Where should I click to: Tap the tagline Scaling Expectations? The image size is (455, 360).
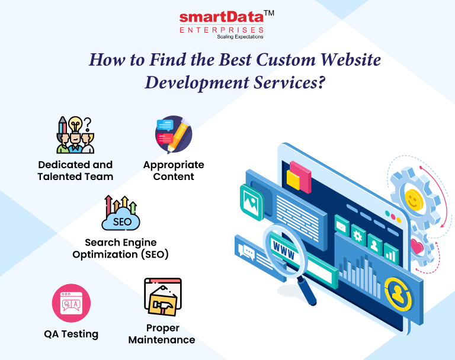(240, 37)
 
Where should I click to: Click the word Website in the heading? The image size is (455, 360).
(351, 59)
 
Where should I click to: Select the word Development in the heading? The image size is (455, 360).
(197, 83)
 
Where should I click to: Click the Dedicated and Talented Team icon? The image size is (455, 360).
(75, 135)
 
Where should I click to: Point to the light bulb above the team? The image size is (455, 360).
(75, 125)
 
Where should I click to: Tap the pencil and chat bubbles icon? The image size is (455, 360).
(174, 134)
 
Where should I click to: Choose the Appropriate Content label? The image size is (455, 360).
(174, 171)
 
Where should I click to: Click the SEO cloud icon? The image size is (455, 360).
(121, 213)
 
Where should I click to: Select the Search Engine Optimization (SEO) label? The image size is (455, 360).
(120, 248)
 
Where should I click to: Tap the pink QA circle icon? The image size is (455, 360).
(71, 303)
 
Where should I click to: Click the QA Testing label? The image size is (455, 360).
(71, 334)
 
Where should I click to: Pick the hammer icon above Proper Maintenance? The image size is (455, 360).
(163, 297)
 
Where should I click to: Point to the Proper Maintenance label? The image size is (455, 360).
(162, 334)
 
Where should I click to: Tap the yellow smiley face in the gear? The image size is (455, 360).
(414, 200)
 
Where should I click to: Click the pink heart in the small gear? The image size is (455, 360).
(416, 246)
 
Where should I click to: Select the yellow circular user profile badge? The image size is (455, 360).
(398, 294)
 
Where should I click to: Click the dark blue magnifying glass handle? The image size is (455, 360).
(306, 291)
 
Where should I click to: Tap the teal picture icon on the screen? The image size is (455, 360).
(252, 202)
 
